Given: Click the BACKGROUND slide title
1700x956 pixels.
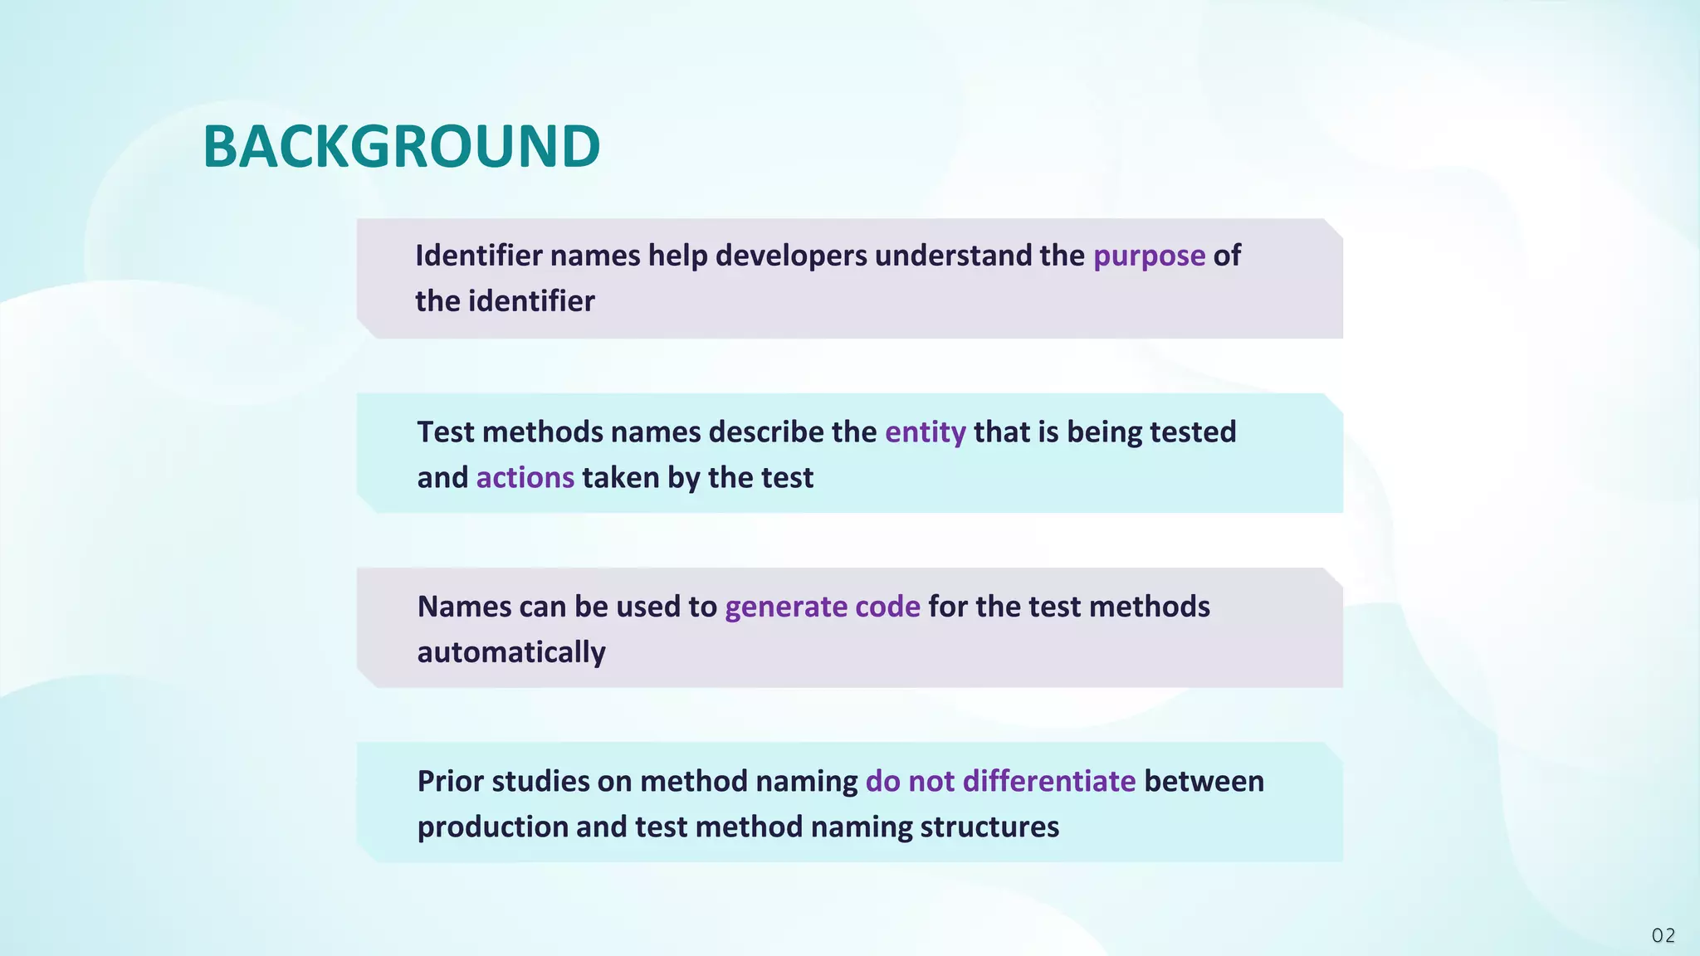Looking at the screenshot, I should point(401,147).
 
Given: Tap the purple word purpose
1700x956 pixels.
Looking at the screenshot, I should point(1149,256).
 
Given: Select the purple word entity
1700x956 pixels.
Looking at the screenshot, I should point(925,432).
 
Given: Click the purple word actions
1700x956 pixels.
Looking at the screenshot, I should point(525,478).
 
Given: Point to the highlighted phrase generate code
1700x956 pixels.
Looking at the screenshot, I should point(822,607).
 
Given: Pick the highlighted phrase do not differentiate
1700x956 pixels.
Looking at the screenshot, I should point(1000,782).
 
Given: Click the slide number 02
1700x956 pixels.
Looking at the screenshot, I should point(1663,935).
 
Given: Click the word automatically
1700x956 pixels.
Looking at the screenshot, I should point(511,652).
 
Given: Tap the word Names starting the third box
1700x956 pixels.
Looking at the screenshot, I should point(464,607).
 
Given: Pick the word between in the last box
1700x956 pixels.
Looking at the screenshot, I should point(1204,782).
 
